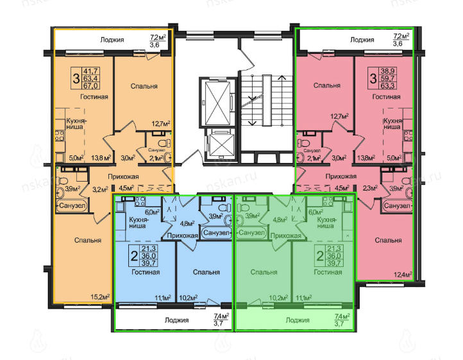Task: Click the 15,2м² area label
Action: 101,296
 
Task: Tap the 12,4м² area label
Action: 403,275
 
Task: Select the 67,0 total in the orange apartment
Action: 91,86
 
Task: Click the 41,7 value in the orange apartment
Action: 91,71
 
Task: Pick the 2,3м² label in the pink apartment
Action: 370,187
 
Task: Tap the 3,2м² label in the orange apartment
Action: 100,189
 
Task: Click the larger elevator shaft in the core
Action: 217,103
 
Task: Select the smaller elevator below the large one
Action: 219,146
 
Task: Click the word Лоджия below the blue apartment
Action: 176,320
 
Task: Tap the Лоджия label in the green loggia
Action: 298,320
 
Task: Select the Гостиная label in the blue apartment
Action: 146,272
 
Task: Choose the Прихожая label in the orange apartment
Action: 123,176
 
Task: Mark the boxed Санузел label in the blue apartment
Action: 216,233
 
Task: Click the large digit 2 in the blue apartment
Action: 135,255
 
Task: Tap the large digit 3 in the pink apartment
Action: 373,79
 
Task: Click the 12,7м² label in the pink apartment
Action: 340,116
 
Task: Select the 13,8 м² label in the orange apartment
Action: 101,157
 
